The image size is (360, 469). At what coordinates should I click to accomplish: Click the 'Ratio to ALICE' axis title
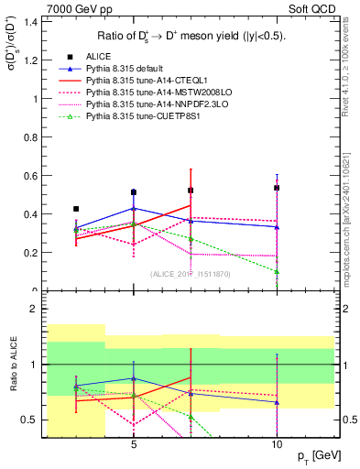[x=12, y=365]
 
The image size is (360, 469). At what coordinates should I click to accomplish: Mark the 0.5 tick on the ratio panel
[x=32, y=420]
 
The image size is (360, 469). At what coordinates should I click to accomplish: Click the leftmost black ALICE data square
[x=76, y=209]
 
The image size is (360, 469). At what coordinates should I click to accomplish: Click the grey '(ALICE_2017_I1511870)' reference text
[x=191, y=274]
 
